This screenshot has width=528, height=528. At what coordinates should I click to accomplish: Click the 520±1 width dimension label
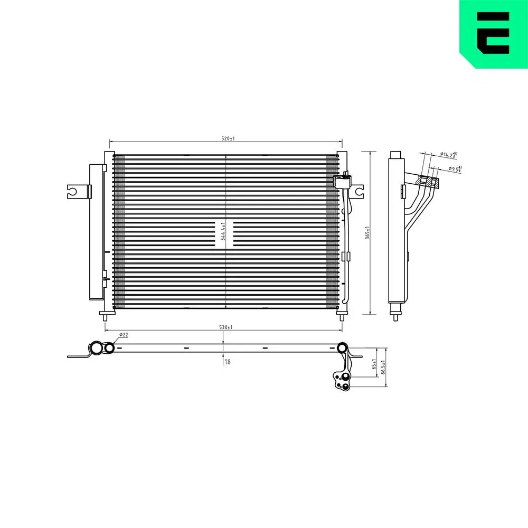228,138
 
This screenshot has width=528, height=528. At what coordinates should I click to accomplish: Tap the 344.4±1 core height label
224,231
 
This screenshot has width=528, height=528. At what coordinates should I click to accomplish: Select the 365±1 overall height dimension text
367,233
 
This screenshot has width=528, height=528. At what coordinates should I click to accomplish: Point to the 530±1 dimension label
225,328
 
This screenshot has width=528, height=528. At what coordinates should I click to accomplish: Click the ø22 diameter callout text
124,335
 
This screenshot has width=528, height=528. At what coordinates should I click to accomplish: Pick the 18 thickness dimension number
228,362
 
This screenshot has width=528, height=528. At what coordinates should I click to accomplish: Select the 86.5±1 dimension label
384,367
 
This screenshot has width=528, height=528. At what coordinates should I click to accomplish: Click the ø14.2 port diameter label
449,155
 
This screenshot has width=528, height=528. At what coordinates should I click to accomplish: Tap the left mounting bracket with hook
77,191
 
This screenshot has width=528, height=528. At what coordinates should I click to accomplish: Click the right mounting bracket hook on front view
359,191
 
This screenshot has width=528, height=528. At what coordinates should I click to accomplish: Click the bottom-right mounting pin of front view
342,316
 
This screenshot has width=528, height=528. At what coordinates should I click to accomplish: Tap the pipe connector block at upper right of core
342,181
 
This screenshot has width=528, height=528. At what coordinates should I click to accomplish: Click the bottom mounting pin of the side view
395,315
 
